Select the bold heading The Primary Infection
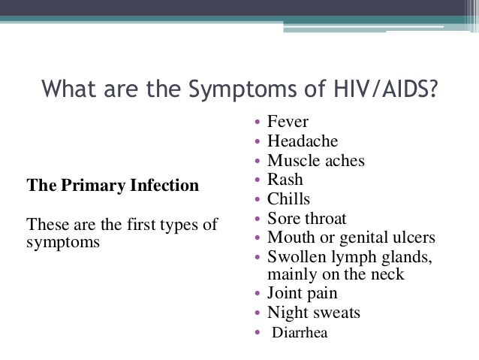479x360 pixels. click(x=113, y=184)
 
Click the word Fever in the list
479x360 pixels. click(x=288, y=122)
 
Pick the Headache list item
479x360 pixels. click(x=303, y=141)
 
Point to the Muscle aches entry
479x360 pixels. click(x=315, y=161)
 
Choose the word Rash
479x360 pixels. click(x=285, y=180)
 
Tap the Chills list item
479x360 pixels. click(x=288, y=199)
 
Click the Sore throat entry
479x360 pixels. click(x=306, y=219)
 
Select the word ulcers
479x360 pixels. click(x=410, y=237)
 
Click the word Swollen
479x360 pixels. click(x=298, y=257)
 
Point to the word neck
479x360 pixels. click(x=387, y=274)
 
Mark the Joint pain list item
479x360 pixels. click(x=302, y=293)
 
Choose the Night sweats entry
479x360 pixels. click(x=313, y=313)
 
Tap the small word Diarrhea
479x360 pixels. click(x=300, y=333)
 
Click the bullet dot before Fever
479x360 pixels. click(x=258, y=123)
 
